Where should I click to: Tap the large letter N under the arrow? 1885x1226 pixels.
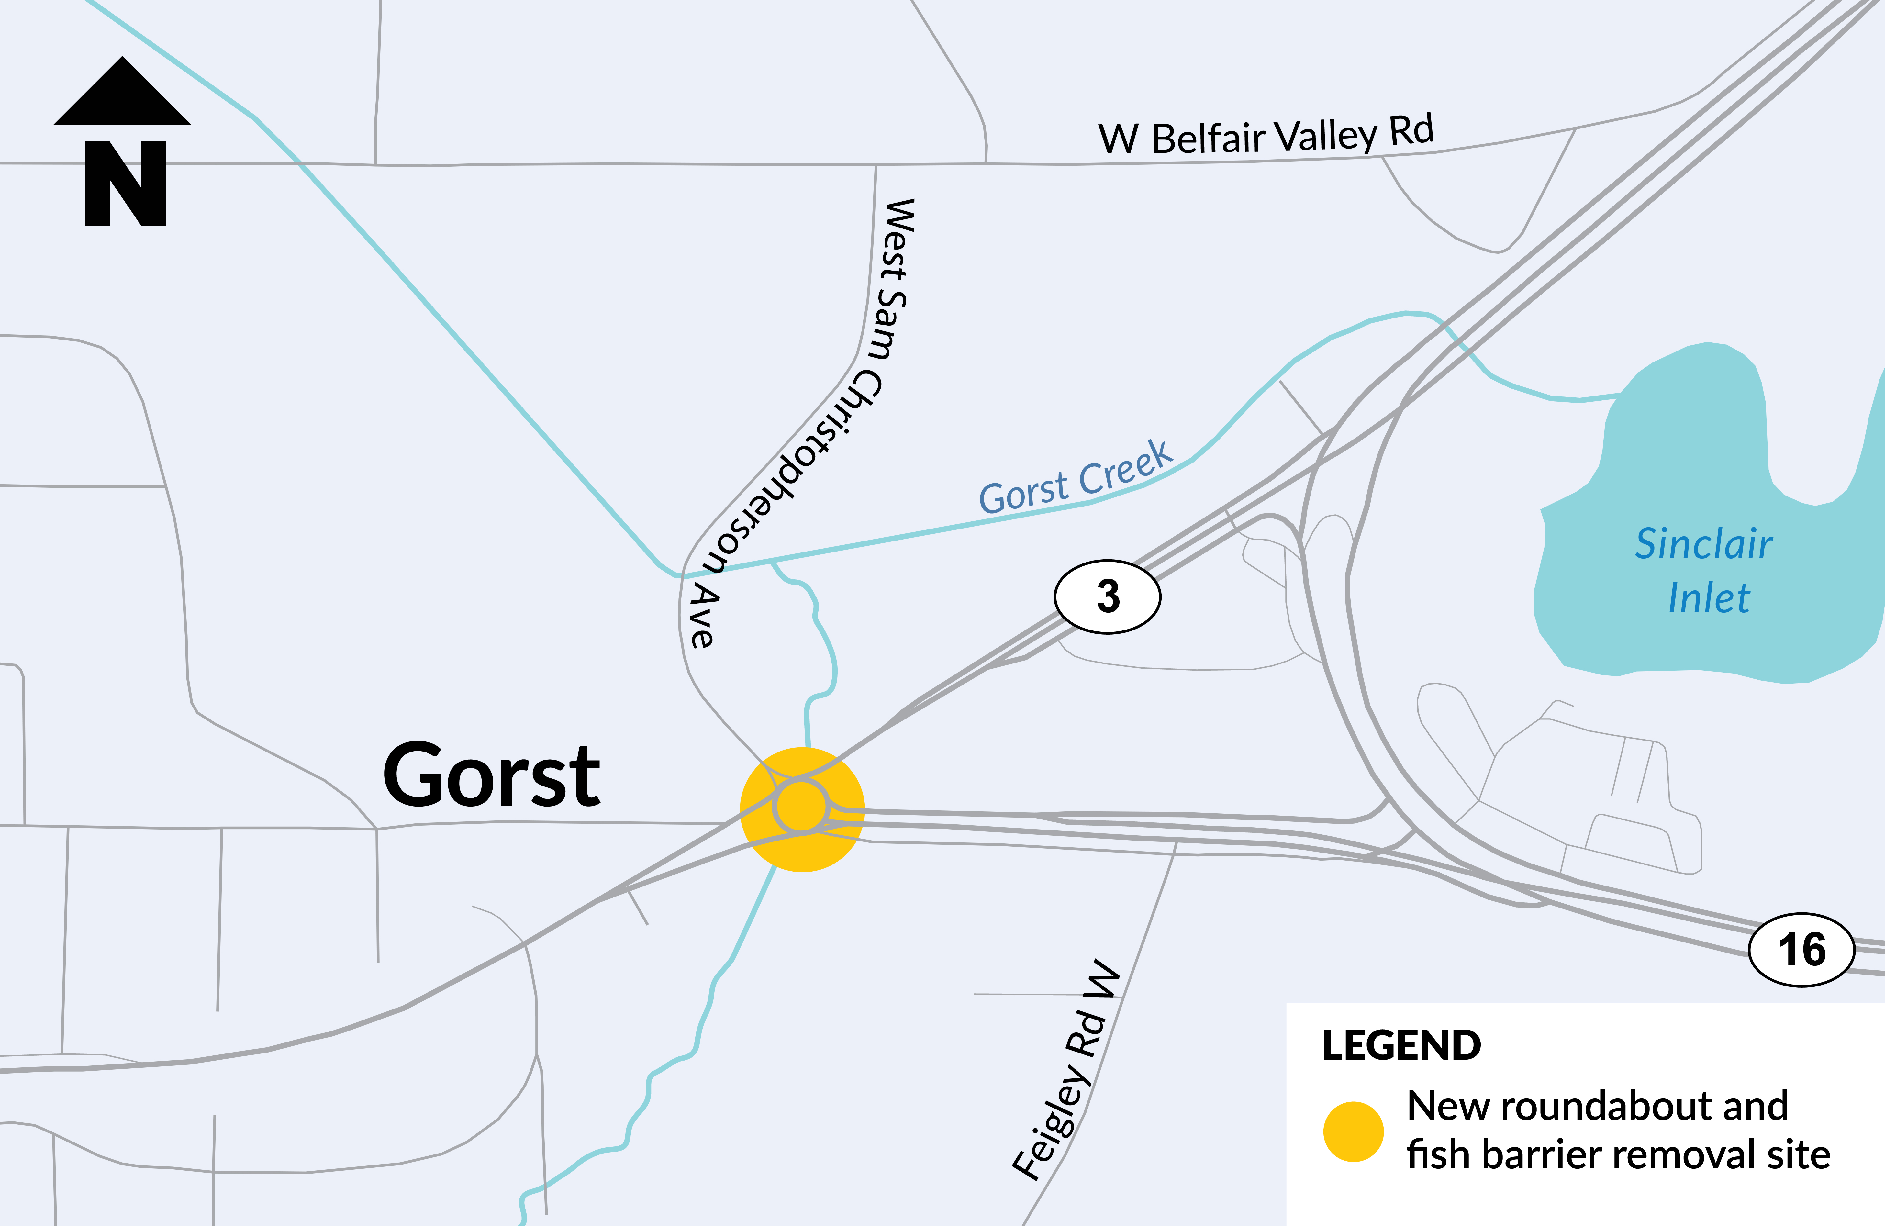(x=125, y=184)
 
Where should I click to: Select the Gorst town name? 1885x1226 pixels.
(x=491, y=776)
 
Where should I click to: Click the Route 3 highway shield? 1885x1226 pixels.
(x=1107, y=596)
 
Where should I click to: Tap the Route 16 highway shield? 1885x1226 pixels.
(x=1801, y=950)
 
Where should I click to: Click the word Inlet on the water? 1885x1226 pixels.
(x=1708, y=598)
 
